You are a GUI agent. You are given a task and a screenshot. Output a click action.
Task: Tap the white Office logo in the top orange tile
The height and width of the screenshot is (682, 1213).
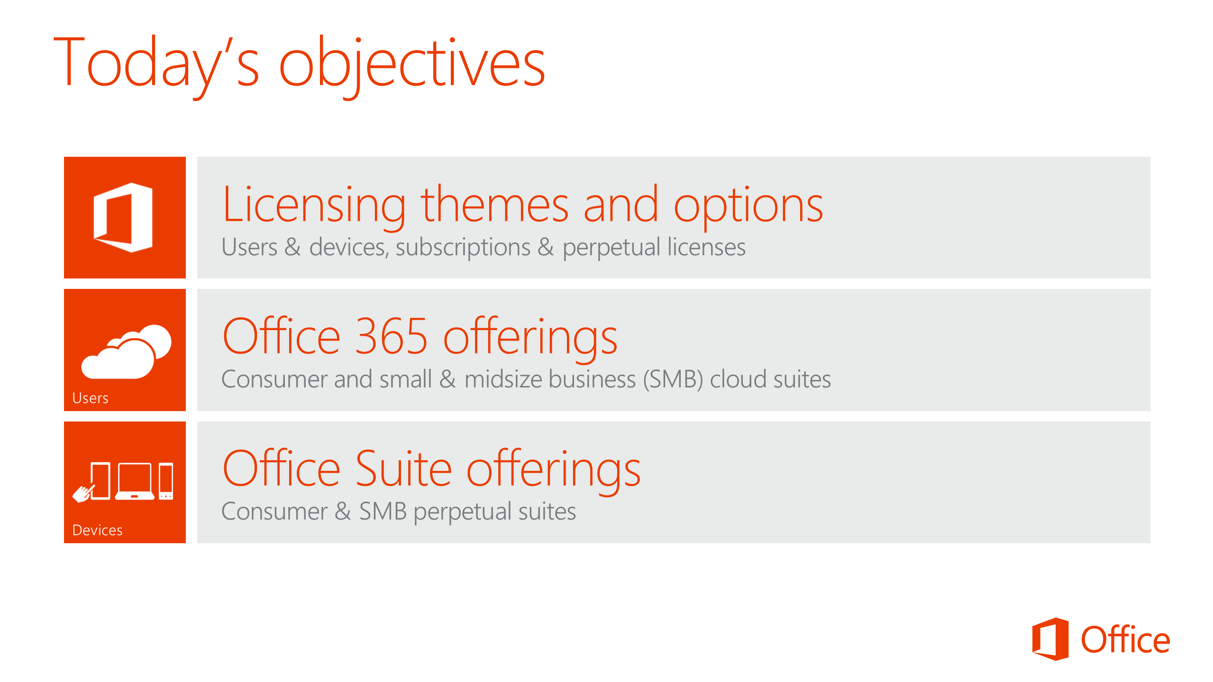click(x=123, y=217)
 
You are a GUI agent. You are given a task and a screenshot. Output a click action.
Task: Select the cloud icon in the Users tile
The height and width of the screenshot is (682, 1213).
click(x=126, y=351)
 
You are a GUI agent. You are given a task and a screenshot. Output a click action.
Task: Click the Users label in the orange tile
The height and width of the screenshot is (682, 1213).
click(x=90, y=398)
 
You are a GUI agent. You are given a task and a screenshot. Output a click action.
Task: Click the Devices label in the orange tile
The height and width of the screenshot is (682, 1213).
click(x=97, y=530)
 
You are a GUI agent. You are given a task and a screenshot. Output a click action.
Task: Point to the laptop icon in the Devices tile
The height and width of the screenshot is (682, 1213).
click(x=135, y=481)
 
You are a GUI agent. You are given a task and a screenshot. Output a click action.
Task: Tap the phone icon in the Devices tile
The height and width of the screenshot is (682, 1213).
click(x=166, y=481)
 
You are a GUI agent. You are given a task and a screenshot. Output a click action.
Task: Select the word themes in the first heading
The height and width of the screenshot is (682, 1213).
click(x=494, y=205)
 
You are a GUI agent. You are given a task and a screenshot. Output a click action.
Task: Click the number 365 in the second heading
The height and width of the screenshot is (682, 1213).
click(x=392, y=336)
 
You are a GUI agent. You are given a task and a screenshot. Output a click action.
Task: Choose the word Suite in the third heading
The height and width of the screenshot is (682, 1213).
click(x=403, y=468)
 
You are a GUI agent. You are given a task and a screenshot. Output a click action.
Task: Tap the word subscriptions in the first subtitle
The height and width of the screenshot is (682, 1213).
click(x=463, y=247)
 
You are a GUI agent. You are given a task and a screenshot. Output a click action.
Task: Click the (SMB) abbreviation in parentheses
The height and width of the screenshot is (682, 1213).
click(x=673, y=379)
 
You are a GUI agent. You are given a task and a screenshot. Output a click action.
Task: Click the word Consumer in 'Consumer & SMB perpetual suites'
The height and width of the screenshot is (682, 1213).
click(x=274, y=511)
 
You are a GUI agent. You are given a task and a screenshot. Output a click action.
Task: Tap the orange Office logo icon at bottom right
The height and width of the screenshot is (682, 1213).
click(x=1050, y=639)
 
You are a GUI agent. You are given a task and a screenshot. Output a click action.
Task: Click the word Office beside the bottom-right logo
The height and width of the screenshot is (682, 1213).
click(x=1125, y=640)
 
